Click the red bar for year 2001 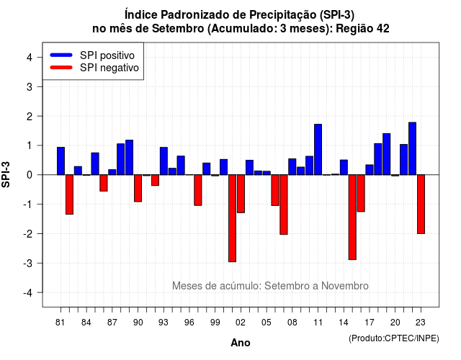point(232,218)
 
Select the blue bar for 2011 point(318,149)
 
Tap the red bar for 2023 point(421,204)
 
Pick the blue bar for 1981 point(61,161)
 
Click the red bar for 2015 point(352,217)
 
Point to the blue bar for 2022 point(412,148)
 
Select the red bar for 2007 point(284,204)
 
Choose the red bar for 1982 point(69,194)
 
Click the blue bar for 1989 point(130,157)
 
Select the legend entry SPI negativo point(94,68)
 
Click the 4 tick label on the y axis point(30,58)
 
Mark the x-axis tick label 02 point(241,323)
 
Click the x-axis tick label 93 point(164,323)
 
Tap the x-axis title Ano point(241,343)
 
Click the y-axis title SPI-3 point(6,175)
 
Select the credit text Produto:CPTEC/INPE point(394,338)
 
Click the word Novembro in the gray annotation point(344,286)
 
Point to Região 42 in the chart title point(362,29)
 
